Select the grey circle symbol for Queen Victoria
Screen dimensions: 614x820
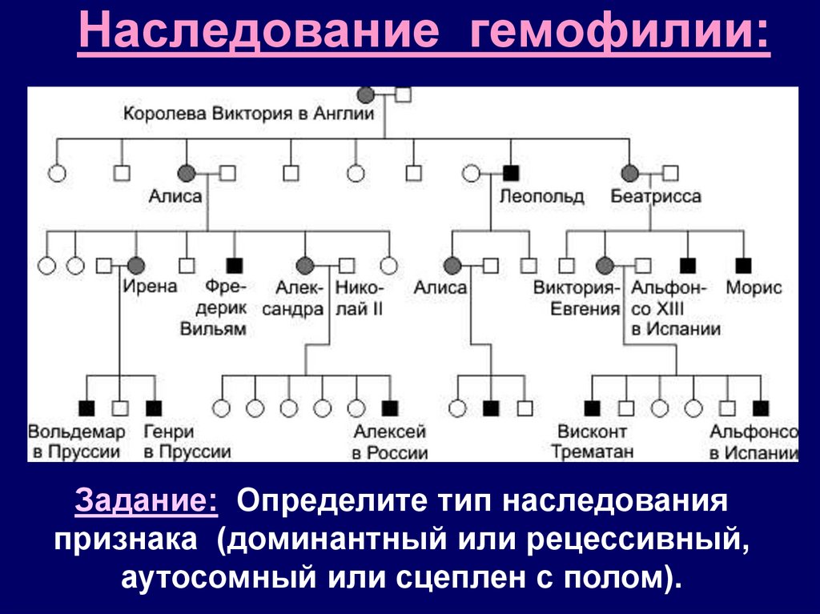click(366, 95)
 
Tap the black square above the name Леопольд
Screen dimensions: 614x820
click(511, 172)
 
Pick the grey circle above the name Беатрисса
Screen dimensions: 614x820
click(630, 172)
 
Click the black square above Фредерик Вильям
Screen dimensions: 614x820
click(235, 264)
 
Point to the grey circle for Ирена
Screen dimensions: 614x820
click(136, 264)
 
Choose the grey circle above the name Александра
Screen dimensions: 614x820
click(304, 264)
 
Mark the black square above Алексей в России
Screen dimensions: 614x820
click(390, 408)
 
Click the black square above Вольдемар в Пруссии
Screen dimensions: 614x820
click(86, 408)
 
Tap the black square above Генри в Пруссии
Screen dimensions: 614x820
click(153, 408)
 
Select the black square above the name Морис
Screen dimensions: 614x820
click(744, 264)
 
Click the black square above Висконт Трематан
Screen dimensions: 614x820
click(592, 408)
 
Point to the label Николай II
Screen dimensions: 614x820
click(360, 298)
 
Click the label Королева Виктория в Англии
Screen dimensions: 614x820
click(249, 114)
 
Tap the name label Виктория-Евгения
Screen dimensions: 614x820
click(577, 298)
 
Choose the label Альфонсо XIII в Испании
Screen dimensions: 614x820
click(676, 308)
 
